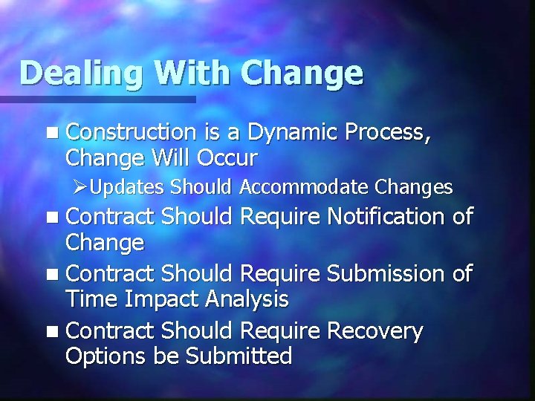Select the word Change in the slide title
[302, 74]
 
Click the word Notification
[386, 217]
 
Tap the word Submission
[386, 274]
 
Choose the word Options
[106, 356]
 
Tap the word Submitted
[239, 356]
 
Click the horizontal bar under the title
[97, 99]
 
